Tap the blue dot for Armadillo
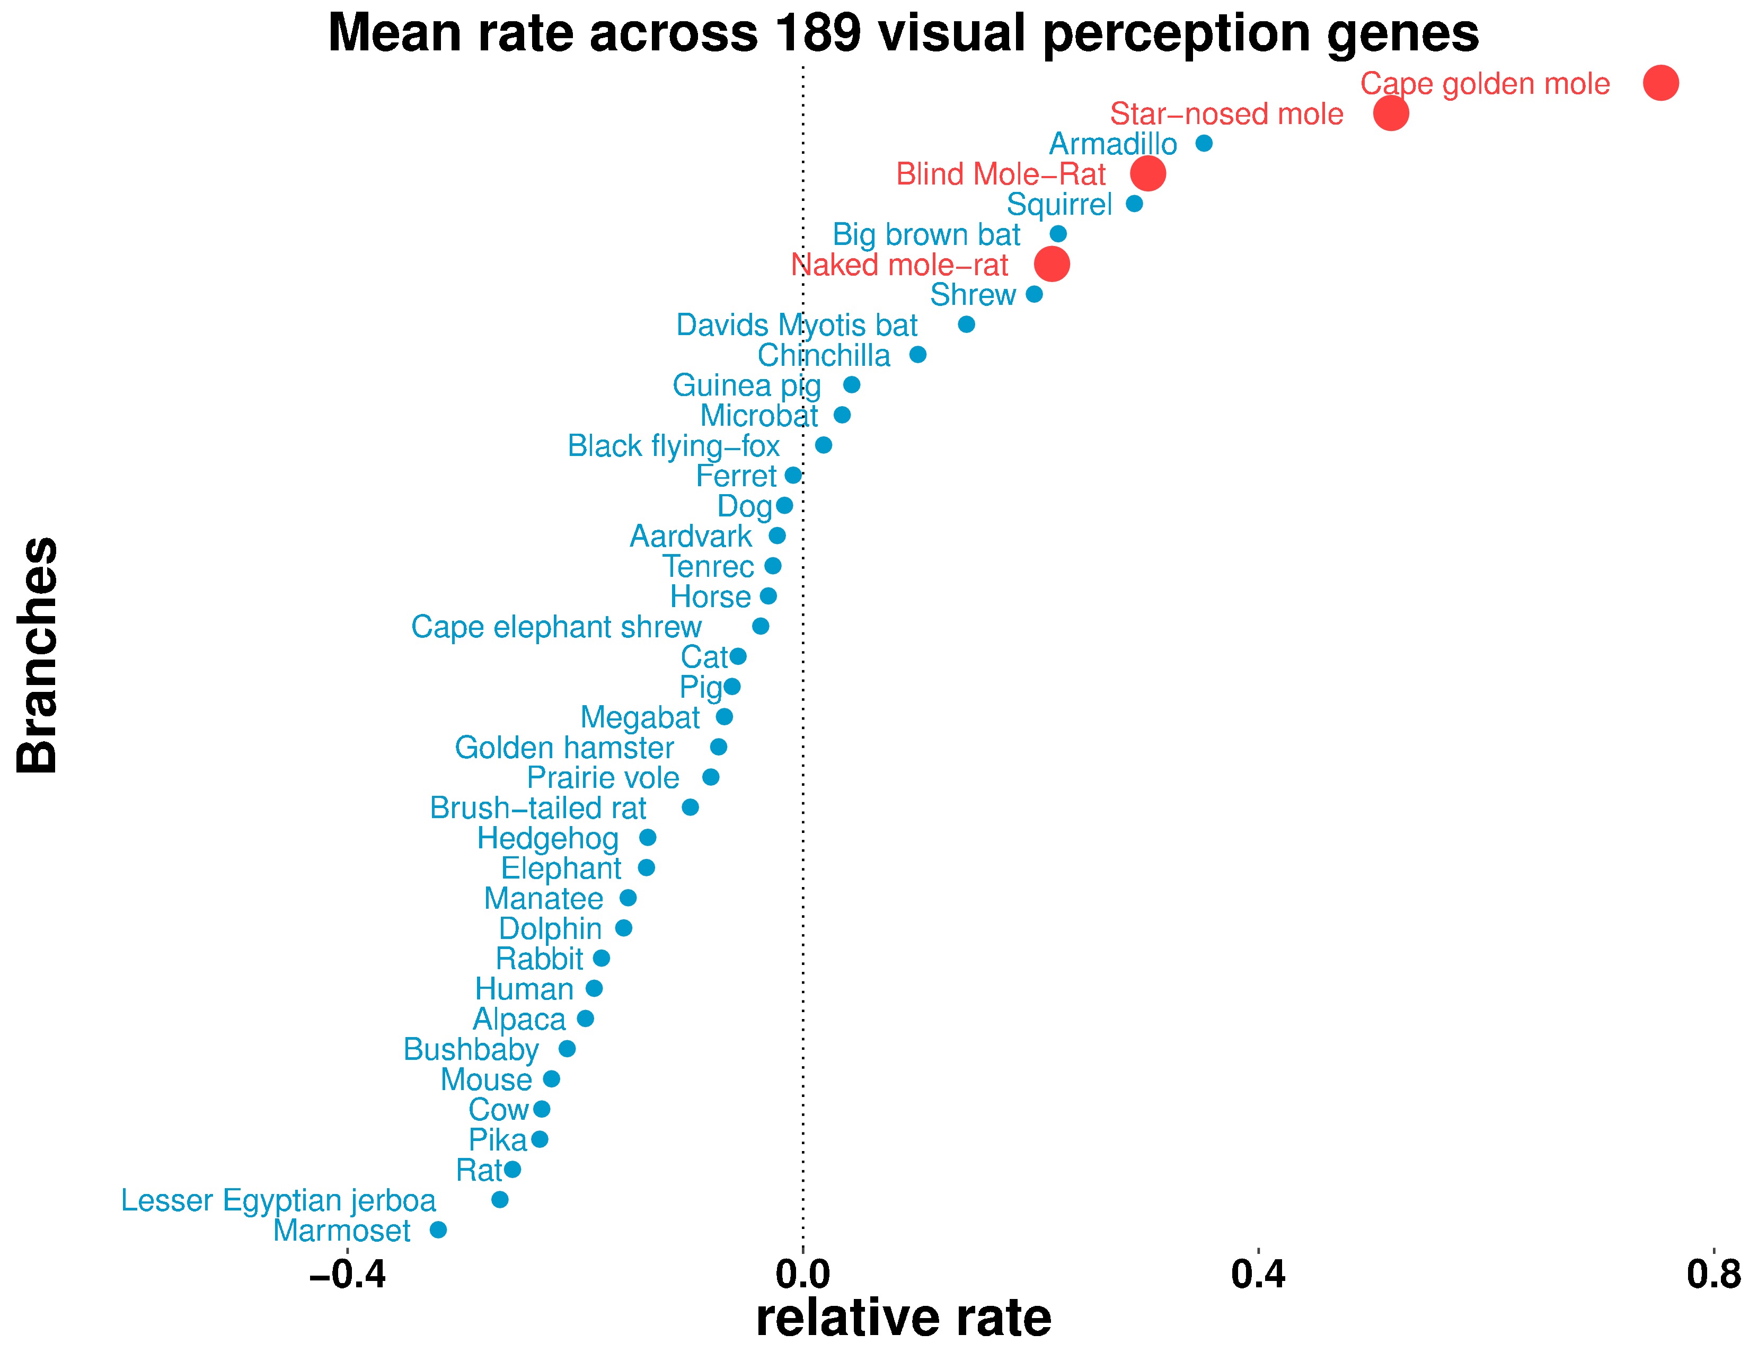coord(1203,143)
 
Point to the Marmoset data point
coord(438,1230)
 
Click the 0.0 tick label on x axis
coord(802,1274)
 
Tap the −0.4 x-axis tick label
coord(347,1274)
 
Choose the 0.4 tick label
coord(1258,1274)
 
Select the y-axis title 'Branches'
coord(38,655)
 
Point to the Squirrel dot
coord(1134,204)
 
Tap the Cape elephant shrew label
coord(556,626)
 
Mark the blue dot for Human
coord(594,988)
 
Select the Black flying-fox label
coord(674,445)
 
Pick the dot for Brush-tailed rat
coord(690,807)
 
